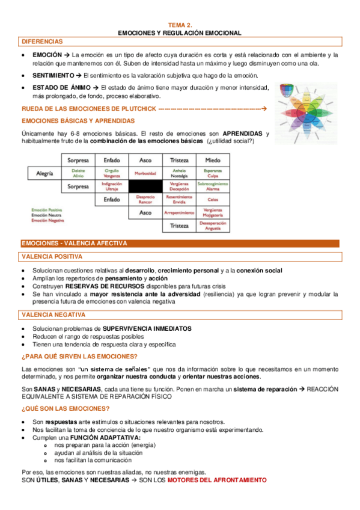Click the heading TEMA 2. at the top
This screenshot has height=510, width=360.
click(180, 25)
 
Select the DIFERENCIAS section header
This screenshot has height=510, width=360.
click(42, 41)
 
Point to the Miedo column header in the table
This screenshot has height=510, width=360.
click(213, 161)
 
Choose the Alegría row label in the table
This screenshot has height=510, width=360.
click(44, 174)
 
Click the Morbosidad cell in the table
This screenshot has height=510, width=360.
click(145, 174)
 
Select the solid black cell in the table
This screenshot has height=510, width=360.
click(145, 187)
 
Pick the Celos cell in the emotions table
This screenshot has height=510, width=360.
click(213, 200)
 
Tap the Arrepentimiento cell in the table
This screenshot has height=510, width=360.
click(179, 213)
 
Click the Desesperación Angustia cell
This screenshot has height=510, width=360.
click(213, 226)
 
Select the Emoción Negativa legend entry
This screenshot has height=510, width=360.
click(47, 220)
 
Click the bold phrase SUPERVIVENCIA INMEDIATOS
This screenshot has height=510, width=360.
click(147, 329)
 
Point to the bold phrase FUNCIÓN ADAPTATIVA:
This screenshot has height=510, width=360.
click(105, 437)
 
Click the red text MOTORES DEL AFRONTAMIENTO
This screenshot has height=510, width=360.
click(216, 481)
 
